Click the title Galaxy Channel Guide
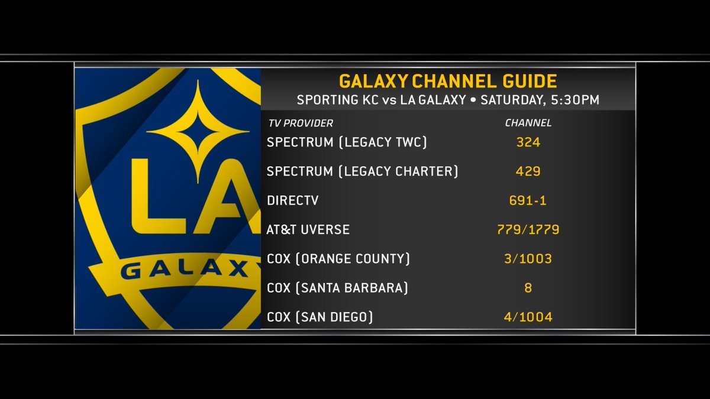[447, 81]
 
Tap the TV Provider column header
[299, 124]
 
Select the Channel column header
[528, 124]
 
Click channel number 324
[528, 142]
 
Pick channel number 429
[528, 171]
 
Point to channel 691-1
[528, 201]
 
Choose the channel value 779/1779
[528, 230]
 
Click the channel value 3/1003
[528, 259]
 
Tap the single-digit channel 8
[528, 288]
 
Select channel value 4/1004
[528, 317]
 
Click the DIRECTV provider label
[292, 201]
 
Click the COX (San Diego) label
[319, 317]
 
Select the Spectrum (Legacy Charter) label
[363, 171]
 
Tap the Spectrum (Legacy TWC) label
[347, 142]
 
